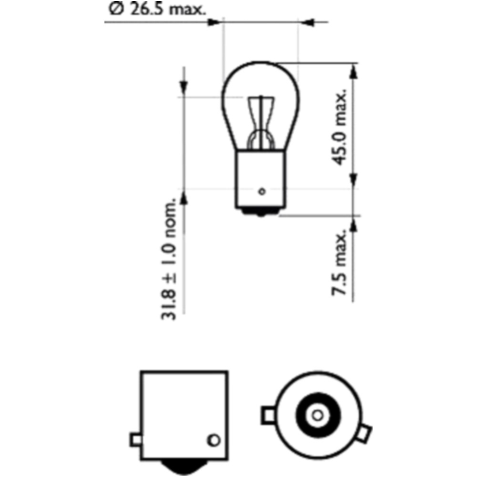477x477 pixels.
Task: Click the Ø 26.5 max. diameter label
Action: [157, 9]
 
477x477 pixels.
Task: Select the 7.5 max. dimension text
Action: [339, 262]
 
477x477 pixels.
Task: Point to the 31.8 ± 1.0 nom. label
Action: [168, 259]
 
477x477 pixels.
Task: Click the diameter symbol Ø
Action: [116, 10]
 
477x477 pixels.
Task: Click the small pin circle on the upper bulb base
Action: [262, 192]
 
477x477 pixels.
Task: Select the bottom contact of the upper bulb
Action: [261, 213]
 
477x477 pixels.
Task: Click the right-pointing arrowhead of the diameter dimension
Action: [214, 22]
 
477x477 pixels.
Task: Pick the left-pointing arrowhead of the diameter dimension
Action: [307, 22]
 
